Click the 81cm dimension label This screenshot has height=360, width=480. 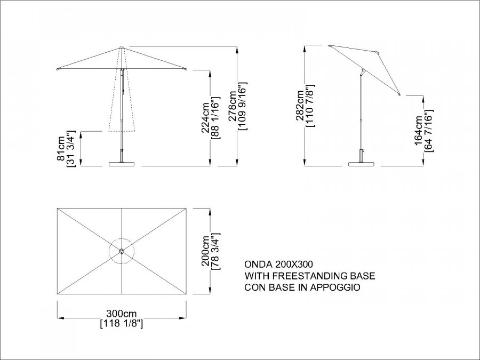61,148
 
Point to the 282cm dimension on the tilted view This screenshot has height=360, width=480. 300,106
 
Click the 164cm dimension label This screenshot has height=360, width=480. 419,131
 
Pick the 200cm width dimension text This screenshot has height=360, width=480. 205,251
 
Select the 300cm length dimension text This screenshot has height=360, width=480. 122,314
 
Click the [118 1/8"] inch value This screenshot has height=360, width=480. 122,324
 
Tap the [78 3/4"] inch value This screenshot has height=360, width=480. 216,251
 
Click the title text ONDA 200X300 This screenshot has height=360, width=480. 278,264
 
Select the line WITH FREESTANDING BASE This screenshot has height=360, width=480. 310,276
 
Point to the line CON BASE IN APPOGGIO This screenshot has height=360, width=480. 302,287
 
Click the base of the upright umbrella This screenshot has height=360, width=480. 122,164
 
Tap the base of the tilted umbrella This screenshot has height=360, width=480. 362,164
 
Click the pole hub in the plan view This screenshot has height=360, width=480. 122,251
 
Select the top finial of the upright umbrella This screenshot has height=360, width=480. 122,47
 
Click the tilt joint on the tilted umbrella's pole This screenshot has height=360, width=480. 363,73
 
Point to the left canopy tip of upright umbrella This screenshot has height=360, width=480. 58,70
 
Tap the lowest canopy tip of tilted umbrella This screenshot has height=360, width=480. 399,95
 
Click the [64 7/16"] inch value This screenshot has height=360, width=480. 429,131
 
